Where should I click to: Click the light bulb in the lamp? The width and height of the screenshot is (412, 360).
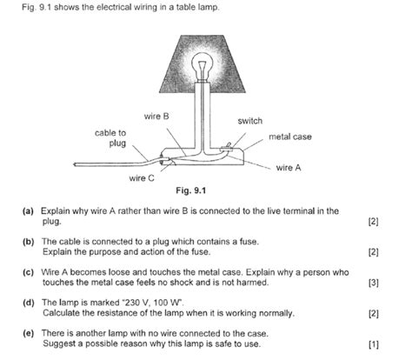tap(203, 65)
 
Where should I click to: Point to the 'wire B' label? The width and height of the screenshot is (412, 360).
tap(156, 117)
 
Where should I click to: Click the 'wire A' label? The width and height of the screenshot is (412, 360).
tap(289, 168)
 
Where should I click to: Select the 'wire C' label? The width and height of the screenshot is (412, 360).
tap(142, 178)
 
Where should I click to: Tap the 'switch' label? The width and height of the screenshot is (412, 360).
tap(250, 121)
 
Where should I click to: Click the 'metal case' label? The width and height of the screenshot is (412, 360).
tap(290, 137)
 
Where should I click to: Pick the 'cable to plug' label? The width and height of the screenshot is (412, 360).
tap(110, 138)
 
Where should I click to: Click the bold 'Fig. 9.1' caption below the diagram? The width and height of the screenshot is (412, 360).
tap(191, 190)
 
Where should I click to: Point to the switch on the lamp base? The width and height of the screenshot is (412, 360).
tap(227, 148)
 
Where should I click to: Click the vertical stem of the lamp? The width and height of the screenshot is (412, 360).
tap(202, 116)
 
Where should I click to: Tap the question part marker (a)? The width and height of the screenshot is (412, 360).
tap(28, 211)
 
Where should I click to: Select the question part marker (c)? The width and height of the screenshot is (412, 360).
tap(28, 272)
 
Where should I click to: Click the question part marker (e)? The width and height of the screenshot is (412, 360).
tap(28, 333)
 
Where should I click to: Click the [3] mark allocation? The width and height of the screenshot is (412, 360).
tap(374, 283)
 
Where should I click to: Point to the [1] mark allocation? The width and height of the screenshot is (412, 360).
tap(374, 344)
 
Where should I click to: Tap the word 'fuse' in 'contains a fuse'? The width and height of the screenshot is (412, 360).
tap(249, 242)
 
